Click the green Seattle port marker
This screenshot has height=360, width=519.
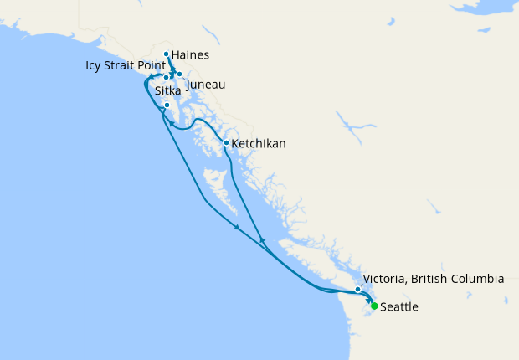pos(374,306)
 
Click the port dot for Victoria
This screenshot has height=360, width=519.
pos(357,290)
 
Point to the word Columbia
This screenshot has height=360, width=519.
pos(475,279)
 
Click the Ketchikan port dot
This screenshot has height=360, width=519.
pos(226,142)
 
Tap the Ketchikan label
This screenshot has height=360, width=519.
pos(259,144)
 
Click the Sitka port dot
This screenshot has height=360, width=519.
pos(167,105)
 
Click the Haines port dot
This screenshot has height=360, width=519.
pos(167,54)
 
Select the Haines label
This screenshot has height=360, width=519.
pos(189,56)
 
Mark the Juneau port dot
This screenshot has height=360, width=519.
pos(179,75)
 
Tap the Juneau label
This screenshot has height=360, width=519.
pos(206,85)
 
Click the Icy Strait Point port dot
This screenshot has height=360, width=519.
pos(167,77)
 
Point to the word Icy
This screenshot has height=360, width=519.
pos(94,64)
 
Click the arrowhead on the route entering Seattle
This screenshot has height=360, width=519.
pos(369,300)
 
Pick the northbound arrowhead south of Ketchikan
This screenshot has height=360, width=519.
pos(263,240)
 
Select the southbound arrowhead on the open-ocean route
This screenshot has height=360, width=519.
pos(238,228)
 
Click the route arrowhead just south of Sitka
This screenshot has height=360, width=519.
pos(172,124)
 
